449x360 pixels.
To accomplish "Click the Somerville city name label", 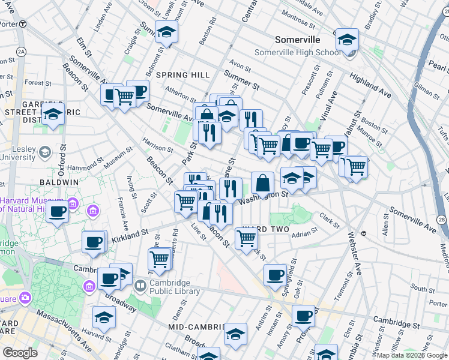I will pyautogui.click(x=300, y=40).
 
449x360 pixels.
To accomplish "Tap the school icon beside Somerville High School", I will pyautogui.click(x=347, y=41).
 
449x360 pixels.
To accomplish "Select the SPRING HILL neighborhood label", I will pyautogui.click(x=183, y=75).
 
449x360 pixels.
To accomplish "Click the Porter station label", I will pyautogui.click(x=8, y=23).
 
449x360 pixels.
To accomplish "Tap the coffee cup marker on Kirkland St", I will pyautogui.click(x=94, y=242).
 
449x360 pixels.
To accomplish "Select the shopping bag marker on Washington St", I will pyautogui.click(x=262, y=184).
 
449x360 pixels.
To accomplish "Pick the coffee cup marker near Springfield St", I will pyautogui.click(x=275, y=275).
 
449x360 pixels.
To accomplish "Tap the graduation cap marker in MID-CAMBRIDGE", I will pyautogui.click(x=235, y=334).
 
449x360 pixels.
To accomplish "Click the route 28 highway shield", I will pyautogui.click(x=442, y=221).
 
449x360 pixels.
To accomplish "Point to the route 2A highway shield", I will pyautogui.click(x=21, y=52).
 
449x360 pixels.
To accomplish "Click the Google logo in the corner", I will pyautogui.click(x=20, y=353).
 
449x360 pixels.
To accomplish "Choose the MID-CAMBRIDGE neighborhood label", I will pyautogui.click(x=192, y=327).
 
